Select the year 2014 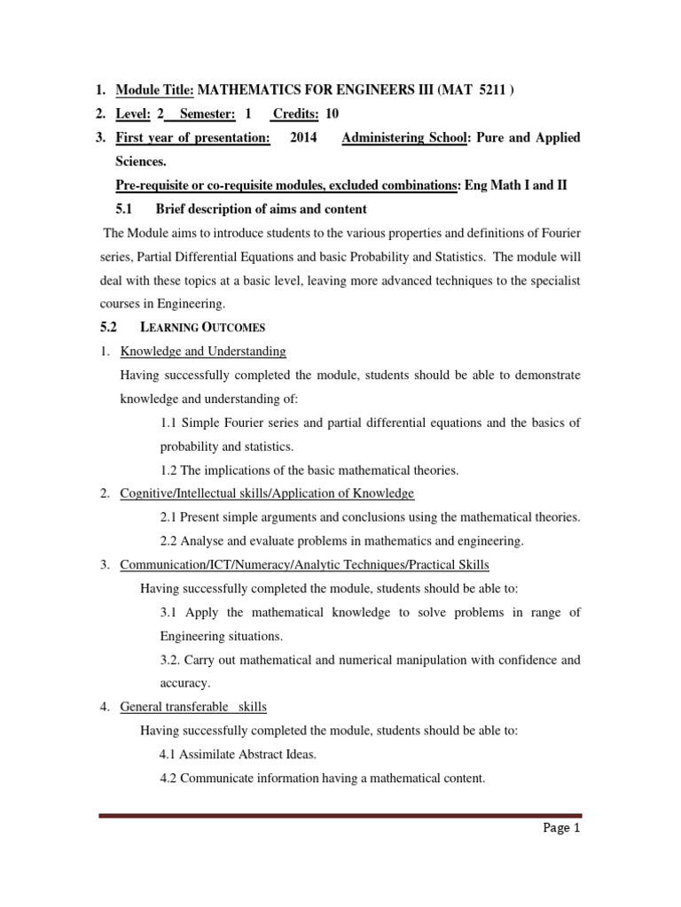(x=305, y=137)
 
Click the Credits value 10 (x=332, y=113)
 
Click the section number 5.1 (x=124, y=209)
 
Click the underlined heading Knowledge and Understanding (x=203, y=351)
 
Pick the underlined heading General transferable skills (x=193, y=707)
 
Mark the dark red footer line (x=340, y=815)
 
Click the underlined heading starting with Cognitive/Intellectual (x=267, y=493)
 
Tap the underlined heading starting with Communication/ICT (x=304, y=564)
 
